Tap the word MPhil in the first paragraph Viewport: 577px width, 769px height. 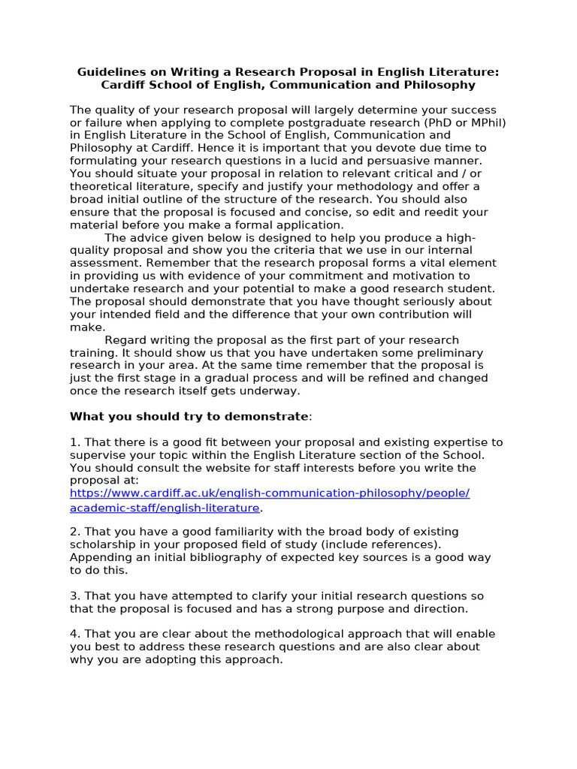click(x=486, y=122)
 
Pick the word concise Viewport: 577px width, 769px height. click(x=304, y=212)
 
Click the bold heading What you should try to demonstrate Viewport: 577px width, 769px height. click(x=189, y=416)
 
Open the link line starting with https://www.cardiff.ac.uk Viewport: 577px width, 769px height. click(x=270, y=493)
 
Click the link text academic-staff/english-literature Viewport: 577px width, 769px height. click(x=165, y=508)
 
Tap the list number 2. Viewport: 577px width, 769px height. click(x=74, y=532)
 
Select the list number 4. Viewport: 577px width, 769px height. click(x=74, y=634)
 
